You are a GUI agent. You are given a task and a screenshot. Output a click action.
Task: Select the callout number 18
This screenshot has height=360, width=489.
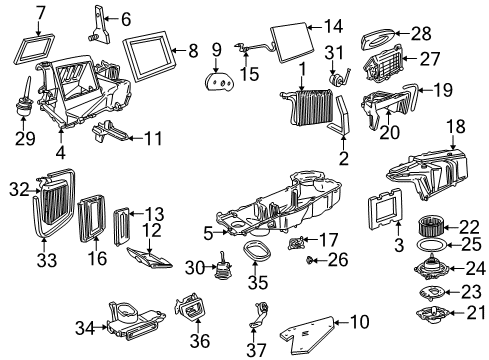tap(455, 127)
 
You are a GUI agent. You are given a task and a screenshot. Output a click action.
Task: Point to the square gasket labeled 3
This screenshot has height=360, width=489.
tap(382, 214)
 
